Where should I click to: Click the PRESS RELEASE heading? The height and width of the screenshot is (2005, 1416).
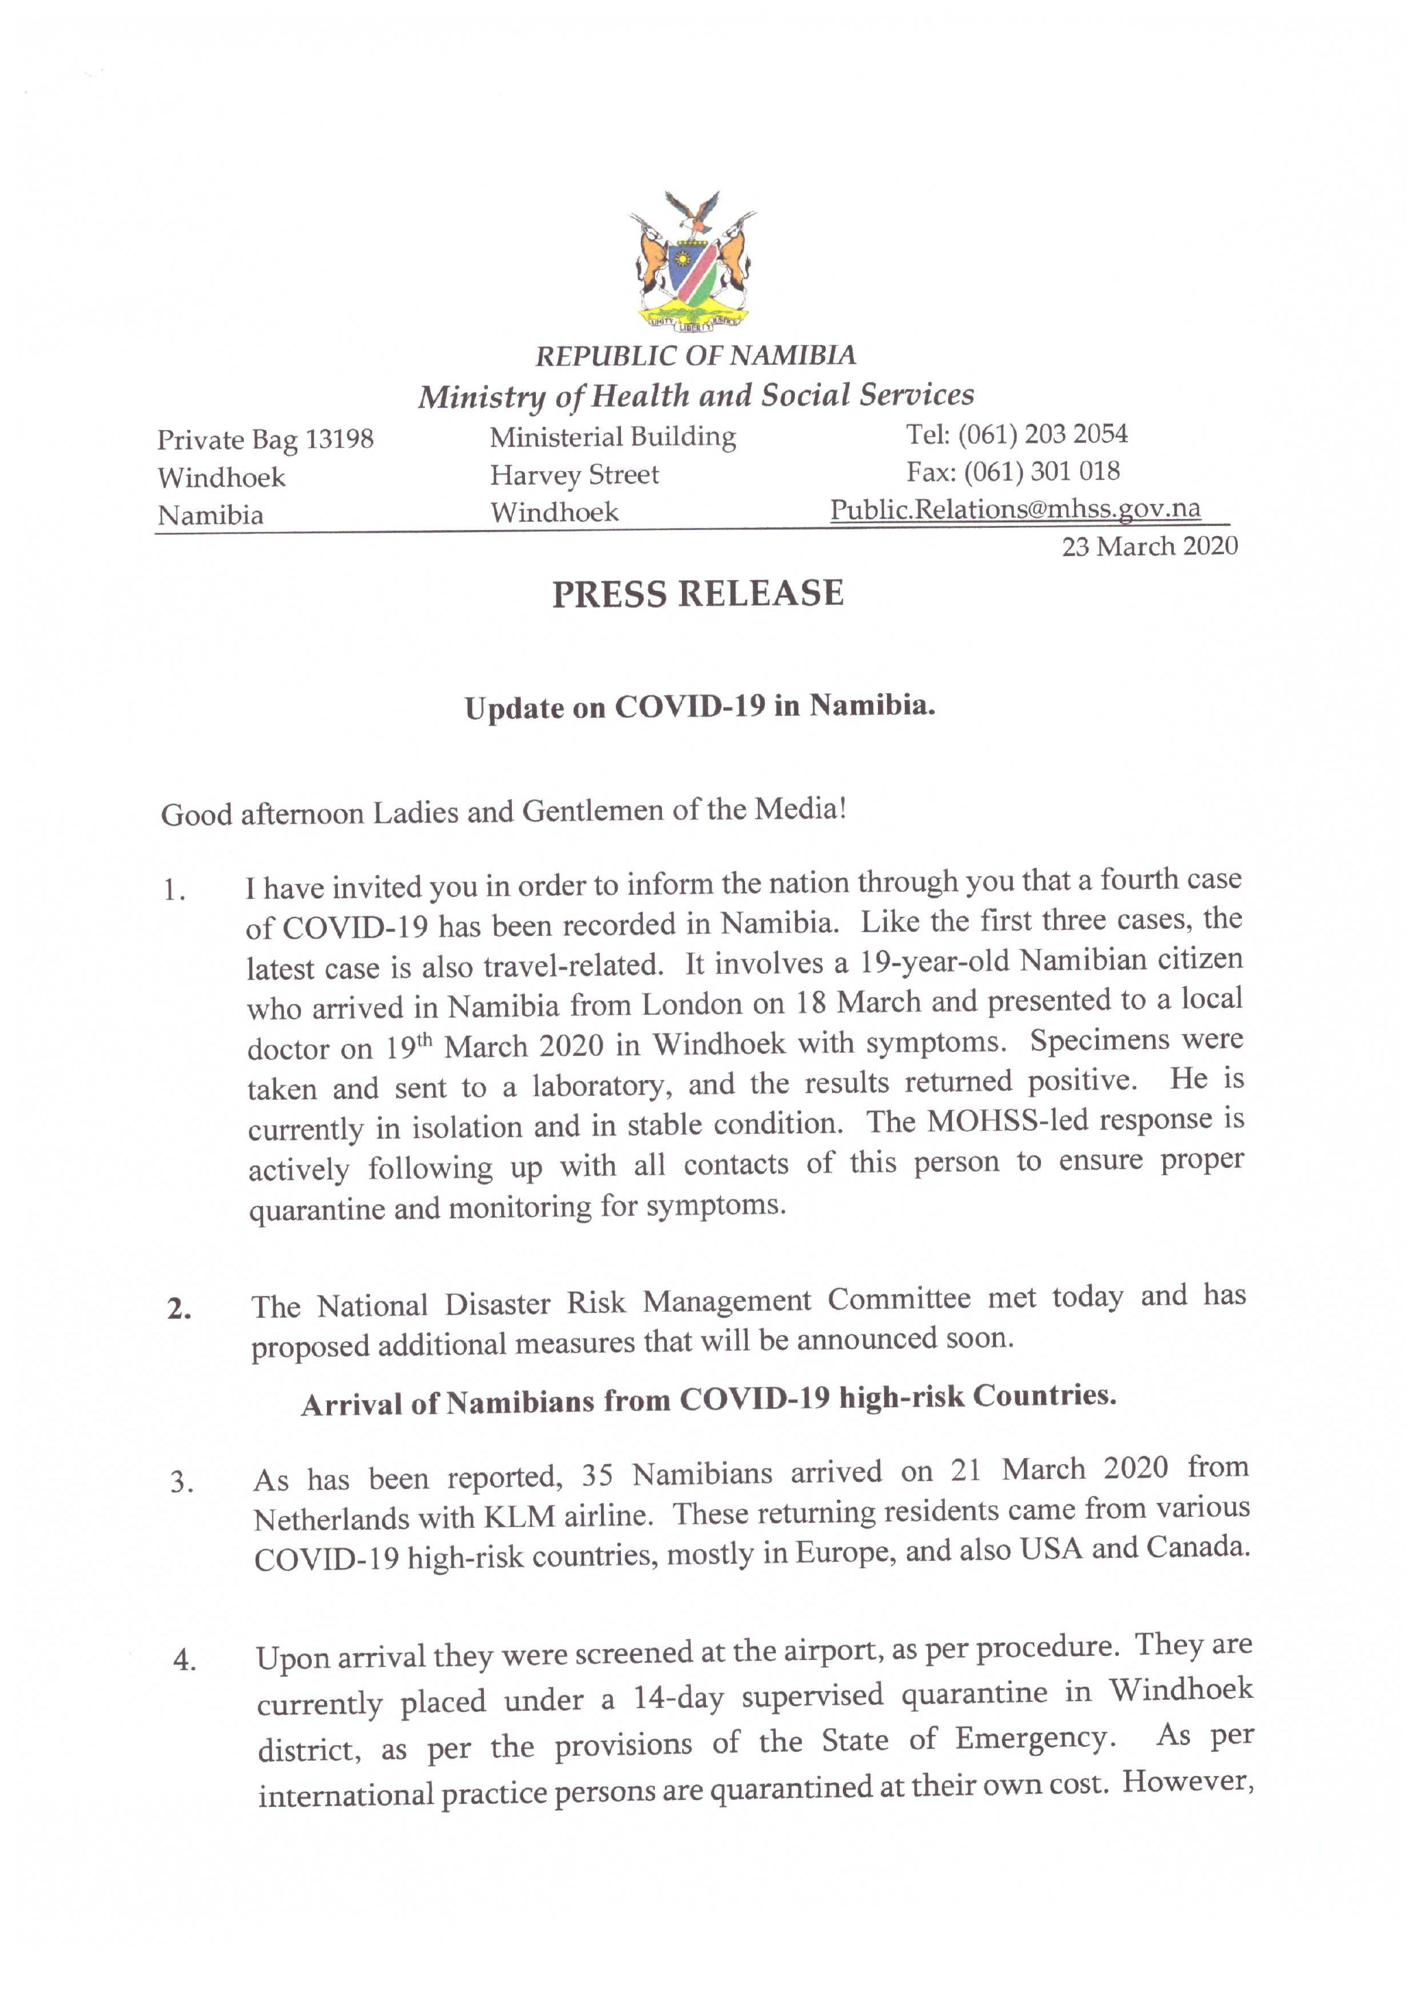tap(698, 594)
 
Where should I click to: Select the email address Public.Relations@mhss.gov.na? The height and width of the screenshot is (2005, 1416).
tap(1014, 509)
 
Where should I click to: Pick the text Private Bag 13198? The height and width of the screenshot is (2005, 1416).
tap(265, 440)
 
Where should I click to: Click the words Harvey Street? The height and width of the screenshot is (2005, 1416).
tap(574, 475)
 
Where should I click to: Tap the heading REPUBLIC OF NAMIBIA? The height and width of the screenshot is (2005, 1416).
tap(695, 355)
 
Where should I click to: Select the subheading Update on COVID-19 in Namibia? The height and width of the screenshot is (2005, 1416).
tap(699, 706)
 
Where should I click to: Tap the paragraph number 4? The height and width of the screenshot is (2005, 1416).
tap(184, 1660)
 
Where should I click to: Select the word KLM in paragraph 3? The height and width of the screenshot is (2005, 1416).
tap(520, 1517)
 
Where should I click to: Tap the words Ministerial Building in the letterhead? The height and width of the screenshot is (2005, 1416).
tap(612, 437)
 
